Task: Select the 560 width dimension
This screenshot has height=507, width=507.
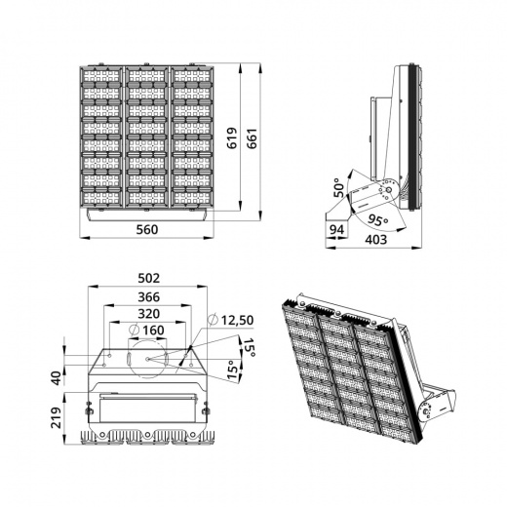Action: (147, 230)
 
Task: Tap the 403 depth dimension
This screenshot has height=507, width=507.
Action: (376, 238)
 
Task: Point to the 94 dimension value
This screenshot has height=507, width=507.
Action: (337, 230)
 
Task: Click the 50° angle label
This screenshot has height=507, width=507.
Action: (339, 186)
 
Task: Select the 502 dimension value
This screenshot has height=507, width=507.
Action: (149, 278)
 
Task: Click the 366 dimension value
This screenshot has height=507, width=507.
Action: (149, 296)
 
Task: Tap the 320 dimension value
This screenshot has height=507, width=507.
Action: (149, 314)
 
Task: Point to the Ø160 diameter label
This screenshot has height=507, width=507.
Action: (148, 331)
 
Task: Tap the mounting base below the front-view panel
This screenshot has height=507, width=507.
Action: (147, 214)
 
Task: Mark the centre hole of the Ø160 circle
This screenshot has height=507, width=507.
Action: (147, 359)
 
